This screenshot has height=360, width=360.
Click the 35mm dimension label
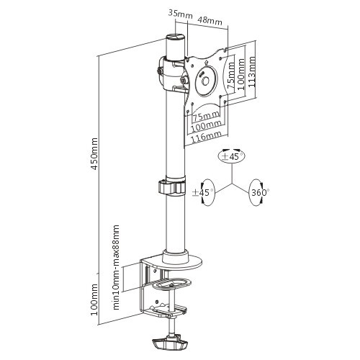tap(180, 14)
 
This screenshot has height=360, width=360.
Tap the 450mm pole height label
tap(94, 154)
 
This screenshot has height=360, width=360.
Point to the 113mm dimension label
tap(251, 72)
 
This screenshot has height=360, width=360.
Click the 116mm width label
tap(206, 137)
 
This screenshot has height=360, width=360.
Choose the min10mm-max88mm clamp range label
tap(116, 267)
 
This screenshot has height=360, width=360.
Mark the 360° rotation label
tap(258, 192)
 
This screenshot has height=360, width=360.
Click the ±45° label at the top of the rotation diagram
tap(230, 156)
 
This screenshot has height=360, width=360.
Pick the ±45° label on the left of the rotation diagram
tap(203, 192)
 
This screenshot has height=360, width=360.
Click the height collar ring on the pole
tap(172, 187)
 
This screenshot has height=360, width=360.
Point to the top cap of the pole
tap(176, 38)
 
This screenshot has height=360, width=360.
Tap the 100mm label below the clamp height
tap(94, 300)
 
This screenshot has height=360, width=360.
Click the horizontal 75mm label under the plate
tap(206, 116)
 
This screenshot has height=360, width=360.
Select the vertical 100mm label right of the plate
tap(241, 74)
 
